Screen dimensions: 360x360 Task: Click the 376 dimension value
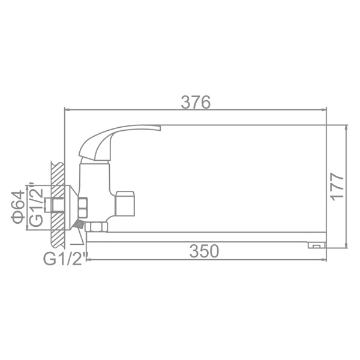[196, 102]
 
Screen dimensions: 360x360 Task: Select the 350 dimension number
[204, 251]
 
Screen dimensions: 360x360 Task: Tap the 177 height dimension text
[338, 186]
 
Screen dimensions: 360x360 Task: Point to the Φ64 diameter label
[18, 206]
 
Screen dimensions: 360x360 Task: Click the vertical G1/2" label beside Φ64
[36, 205]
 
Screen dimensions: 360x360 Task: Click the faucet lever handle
[119, 142]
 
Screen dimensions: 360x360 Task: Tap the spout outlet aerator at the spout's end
[317, 245]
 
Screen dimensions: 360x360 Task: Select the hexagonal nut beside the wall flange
[83, 208]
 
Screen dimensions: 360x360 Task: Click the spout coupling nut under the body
[96, 227]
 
